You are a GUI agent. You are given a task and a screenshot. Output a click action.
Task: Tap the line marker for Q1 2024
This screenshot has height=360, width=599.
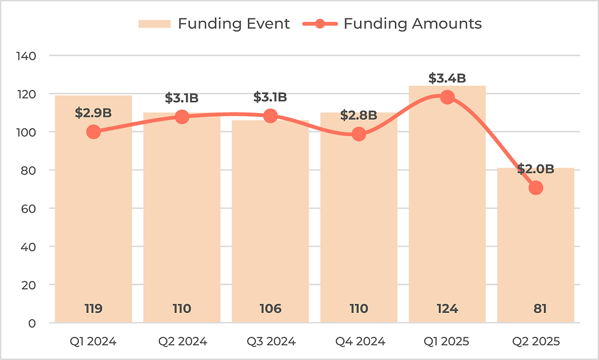point(94,131)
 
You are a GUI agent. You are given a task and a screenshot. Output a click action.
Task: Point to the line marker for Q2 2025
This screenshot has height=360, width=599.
point(536,188)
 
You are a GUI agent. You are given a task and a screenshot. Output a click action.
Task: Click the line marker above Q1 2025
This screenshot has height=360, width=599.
point(447,97)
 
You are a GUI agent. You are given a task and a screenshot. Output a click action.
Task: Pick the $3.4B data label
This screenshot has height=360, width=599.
point(447,78)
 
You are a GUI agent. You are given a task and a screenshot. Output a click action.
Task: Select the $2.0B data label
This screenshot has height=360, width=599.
point(535,169)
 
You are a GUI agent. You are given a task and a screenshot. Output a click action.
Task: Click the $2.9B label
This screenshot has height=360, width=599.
point(94,113)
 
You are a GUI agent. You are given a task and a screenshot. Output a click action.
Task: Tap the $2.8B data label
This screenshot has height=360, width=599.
point(359,115)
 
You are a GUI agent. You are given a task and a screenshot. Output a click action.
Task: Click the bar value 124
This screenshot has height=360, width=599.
point(447,309)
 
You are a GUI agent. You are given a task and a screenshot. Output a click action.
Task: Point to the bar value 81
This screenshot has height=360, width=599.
point(536,309)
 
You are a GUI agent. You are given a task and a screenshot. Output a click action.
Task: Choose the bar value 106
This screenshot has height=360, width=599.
point(270,309)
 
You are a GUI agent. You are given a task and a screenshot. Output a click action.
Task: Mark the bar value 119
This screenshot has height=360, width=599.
point(94,309)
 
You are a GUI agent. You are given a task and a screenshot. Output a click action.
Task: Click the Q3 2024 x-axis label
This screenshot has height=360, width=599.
point(270,341)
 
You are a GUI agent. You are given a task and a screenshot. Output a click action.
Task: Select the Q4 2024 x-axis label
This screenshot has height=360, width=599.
point(359,341)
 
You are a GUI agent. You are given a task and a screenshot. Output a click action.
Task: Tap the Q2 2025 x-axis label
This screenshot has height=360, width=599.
point(536,341)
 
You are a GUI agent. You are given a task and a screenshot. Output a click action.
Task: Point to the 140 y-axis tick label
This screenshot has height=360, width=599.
point(27,56)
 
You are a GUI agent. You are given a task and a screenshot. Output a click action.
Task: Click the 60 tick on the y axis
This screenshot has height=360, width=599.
point(29,208)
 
